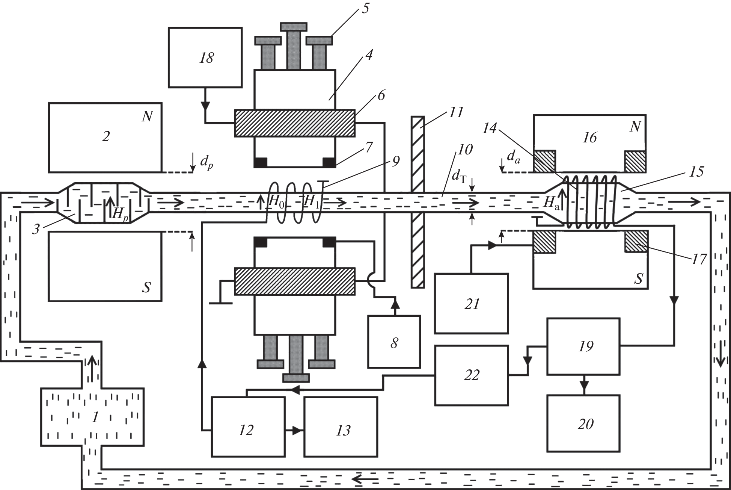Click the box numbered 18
pyautogui.click(x=205, y=57)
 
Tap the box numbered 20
pyautogui.click(x=583, y=423)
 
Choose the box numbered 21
pyautogui.click(x=471, y=304)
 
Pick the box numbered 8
pyautogui.click(x=394, y=342)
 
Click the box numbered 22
pyautogui.click(x=471, y=375)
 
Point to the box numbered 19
pyautogui.click(x=583, y=346)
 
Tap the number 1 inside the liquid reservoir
pyautogui.click(x=95, y=417)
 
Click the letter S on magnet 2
pyautogui.click(x=146, y=287)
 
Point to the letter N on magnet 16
pyautogui.click(x=635, y=127)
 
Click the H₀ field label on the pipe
pyautogui.click(x=276, y=202)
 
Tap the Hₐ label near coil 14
pyautogui.click(x=551, y=203)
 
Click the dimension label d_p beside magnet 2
pyautogui.click(x=206, y=162)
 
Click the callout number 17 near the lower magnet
pyautogui.click(x=698, y=259)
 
